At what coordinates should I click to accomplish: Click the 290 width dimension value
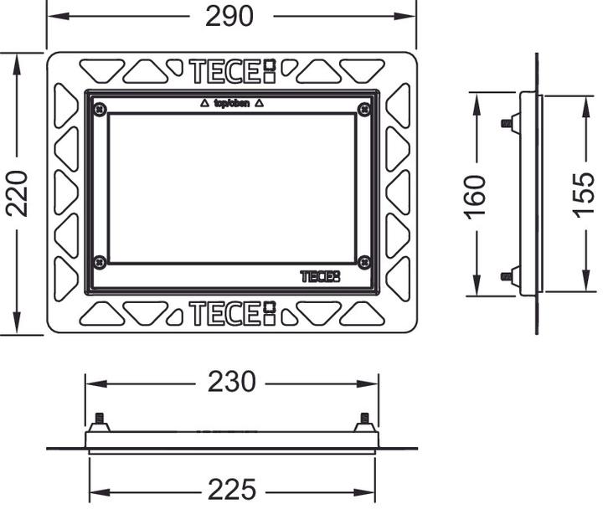point(229,16)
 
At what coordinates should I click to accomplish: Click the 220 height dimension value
point(18,193)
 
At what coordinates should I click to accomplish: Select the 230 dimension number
point(231,383)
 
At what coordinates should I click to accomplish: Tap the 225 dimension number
point(231,490)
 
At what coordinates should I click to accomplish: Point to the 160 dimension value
point(475,195)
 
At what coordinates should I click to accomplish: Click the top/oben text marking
point(230,104)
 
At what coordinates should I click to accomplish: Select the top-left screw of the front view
point(100,108)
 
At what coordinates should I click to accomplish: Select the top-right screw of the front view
point(363,108)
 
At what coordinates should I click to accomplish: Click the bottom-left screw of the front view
point(100,262)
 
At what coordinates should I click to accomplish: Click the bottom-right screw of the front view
point(363,262)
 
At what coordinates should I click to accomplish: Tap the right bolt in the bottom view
point(363,420)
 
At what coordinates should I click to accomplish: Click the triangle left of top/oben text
point(204,104)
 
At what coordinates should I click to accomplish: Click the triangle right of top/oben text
point(259,104)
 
